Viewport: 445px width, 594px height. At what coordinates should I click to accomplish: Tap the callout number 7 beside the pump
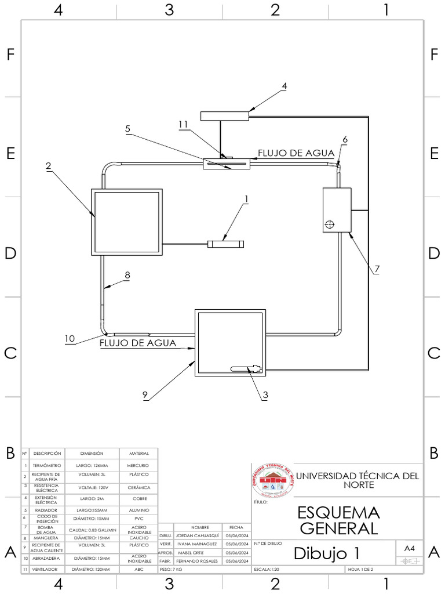coord(377,269)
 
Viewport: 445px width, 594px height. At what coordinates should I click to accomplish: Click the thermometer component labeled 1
coord(226,244)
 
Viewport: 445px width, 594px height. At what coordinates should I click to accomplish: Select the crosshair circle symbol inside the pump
coord(330,224)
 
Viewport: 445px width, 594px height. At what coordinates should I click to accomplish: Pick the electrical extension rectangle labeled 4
coord(225,115)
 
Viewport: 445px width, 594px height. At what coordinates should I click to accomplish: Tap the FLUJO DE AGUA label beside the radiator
coord(296,153)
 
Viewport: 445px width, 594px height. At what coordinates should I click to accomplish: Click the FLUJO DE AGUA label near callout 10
coord(138,343)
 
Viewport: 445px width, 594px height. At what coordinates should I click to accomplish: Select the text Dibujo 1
coord(326,553)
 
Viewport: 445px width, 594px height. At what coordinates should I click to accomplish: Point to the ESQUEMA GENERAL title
coord(338,520)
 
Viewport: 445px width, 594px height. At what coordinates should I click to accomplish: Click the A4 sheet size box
coord(410,548)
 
